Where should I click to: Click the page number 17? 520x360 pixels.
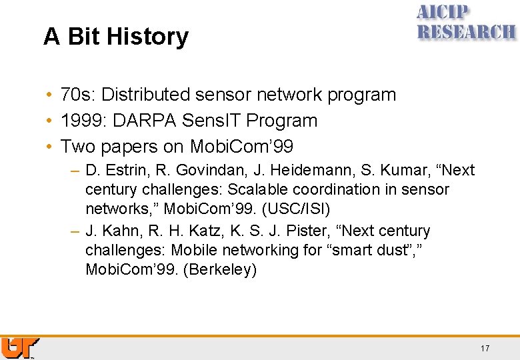(485, 349)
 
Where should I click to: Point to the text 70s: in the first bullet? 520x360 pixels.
(78, 95)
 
